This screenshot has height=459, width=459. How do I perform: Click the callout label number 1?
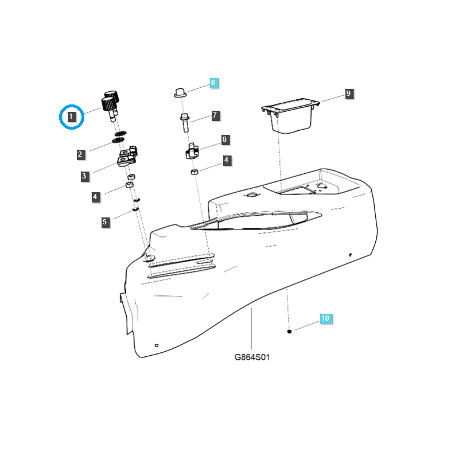coord(71,116)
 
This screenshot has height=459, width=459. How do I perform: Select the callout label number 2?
coord(80,154)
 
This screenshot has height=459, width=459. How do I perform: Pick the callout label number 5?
coord(105,222)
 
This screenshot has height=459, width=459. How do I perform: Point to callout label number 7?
coord(215,115)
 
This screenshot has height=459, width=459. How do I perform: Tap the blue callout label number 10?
coord(325,318)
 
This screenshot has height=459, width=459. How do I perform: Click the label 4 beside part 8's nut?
coord(226,160)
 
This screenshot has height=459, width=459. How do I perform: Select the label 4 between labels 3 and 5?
coord(95,197)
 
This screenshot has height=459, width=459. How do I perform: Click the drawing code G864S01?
coord(252,357)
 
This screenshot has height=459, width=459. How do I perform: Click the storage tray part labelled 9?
coord(290,116)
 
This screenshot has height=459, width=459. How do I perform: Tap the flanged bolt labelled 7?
coord(184,122)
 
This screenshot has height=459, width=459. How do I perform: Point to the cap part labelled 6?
coord(180,92)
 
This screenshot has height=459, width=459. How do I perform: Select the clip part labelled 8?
coord(192,151)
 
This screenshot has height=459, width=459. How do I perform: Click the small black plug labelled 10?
coord(289,332)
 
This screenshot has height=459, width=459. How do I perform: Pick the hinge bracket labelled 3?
coord(127,156)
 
